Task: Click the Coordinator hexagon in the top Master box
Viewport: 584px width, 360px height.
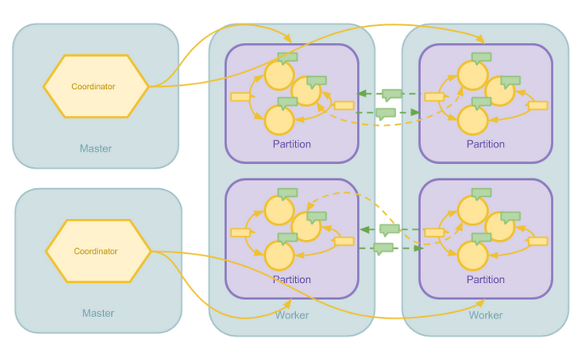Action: click(x=96, y=86)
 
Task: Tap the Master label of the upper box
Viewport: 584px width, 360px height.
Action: click(x=96, y=148)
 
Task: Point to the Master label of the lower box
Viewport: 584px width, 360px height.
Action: click(x=98, y=313)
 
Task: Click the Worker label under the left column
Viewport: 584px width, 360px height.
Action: click(x=292, y=315)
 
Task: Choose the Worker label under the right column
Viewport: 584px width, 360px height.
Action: click(x=486, y=315)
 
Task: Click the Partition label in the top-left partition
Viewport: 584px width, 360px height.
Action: click(x=292, y=144)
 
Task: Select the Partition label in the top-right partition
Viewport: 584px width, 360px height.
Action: click(x=486, y=144)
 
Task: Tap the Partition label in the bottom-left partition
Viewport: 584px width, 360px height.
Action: click(x=292, y=280)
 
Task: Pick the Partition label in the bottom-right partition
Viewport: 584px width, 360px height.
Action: click(x=486, y=280)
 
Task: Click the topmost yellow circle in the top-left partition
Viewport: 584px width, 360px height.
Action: click(x=278, y=75)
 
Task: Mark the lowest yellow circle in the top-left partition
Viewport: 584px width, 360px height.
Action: click(x=278, y=120)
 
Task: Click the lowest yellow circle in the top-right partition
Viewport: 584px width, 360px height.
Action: click(x=472, y=120)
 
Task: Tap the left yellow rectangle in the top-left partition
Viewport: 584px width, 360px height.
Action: click(x=240, y=96)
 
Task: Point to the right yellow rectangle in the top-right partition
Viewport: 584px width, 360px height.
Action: click(x=538, y=105)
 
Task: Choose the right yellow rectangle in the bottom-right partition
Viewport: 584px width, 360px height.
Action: click(x=538, y=241)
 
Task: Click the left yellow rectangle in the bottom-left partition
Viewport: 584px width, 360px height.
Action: click(x=240, y=233)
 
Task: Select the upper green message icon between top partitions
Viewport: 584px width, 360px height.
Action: click(x=392, y=93)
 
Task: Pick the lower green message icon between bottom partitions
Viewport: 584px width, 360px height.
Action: click(x=384, y=248)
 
